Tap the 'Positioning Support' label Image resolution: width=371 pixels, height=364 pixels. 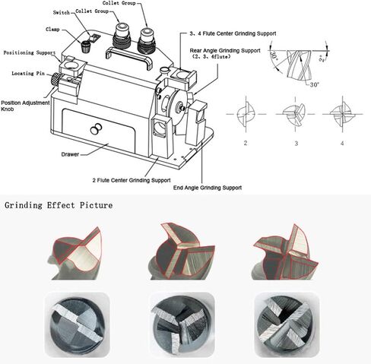pos(29,53)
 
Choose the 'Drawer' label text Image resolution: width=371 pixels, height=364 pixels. pos(71,154)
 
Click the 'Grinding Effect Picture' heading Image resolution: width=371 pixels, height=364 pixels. pos(59,205)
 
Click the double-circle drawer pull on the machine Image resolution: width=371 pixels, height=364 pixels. pos(95,130)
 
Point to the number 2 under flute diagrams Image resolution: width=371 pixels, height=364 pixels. pos(246,142)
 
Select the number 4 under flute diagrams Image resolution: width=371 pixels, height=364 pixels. pos(342,142)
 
